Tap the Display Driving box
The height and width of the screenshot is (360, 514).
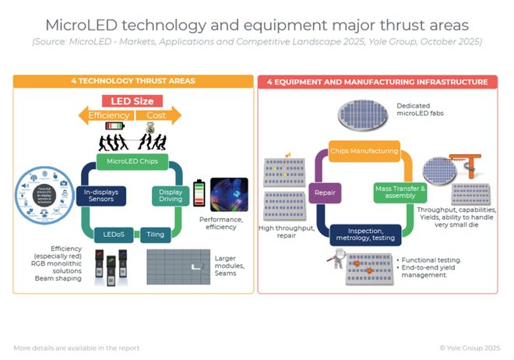click(x=170, y=195)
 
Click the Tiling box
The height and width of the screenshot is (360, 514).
click(x=156, y=234)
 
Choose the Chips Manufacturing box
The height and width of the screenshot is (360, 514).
click(x=363, y=151)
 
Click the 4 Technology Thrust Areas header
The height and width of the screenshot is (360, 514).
click(x=132, y=81)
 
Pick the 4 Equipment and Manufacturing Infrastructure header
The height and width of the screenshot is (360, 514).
click(x=378, y=81)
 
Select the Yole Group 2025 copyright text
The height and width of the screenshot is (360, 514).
click(x=470, y=348)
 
